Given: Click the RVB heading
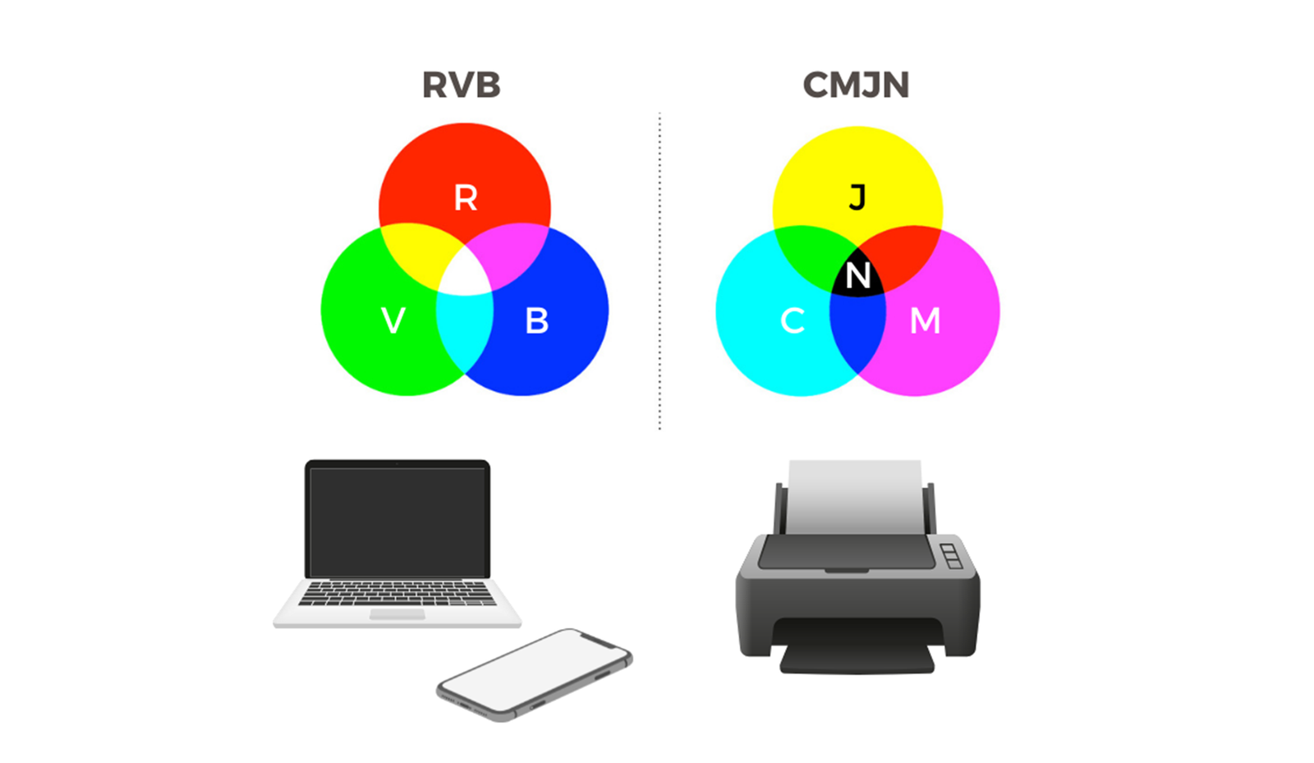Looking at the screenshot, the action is pyautogui.click(x=461, y=85).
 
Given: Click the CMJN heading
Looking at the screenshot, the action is pyautogui.click(x=856, y=85).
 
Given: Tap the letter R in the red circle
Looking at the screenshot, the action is pyautogui.click(x=466, y=198).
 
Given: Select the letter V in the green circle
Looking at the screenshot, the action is pyautogui.click(x=393, y=321).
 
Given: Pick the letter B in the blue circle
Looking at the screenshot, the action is pyautogui.click(x=537, y=321).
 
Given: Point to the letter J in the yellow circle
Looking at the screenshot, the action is pyautogui.click(x=857, y=197).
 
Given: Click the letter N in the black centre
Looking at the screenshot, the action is pyautogui.click(x=858, y=275).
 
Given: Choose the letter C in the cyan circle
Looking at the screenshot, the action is pyautogui.click(x=793, y=321).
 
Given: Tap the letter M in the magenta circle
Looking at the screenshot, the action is pyautogui.click(x=925, y=321).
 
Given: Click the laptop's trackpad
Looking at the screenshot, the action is pyautogui.click(x=397, y=614).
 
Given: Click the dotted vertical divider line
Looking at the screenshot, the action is pyautogui.click(x=660, y=271).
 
